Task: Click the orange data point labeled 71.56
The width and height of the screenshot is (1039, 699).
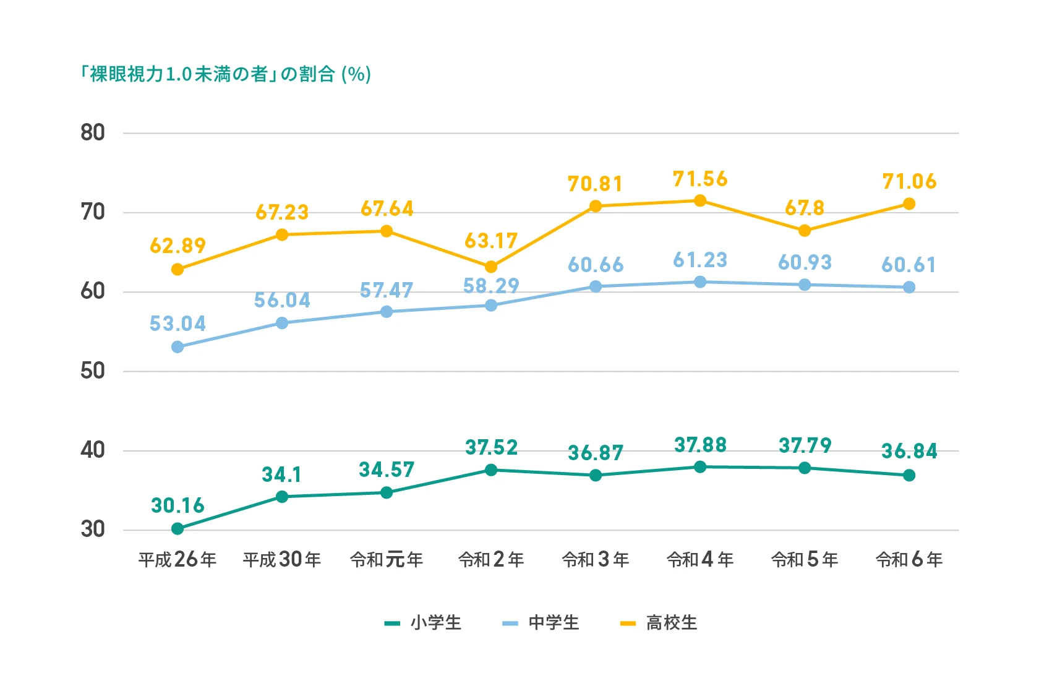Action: [x=700, y=200]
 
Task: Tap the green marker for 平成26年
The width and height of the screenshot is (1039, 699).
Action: [x=177, y=528]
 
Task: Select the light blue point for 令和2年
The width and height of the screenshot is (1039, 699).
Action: [x=491, y=305]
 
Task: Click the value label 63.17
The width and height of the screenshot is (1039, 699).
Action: [x=491, y=241]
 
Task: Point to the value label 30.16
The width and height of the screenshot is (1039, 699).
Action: [x=177, y=505]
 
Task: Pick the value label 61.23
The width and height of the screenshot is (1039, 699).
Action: [x=700, y=260]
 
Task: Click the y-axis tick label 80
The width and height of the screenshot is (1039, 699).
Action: [x=93, y=132]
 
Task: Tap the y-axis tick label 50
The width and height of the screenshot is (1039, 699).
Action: [x=93, y=371]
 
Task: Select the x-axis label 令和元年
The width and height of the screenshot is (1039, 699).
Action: [x=387, y=560]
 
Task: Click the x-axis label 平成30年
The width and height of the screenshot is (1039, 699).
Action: [x=282, y=560]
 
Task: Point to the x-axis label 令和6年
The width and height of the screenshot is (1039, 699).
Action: [x=909, y=560]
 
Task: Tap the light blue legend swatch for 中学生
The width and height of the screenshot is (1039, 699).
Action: [x=510, y=624]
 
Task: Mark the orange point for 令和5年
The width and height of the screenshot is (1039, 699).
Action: [x=805, y=231]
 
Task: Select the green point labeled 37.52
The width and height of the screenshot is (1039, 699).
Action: [x=491, y=470]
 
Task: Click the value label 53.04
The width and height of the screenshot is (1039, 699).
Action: [x=177, y=324]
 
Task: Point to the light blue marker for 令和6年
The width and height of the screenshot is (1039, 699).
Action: [x=909, y=287]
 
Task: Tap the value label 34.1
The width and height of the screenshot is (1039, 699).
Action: [x=282, y=474]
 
